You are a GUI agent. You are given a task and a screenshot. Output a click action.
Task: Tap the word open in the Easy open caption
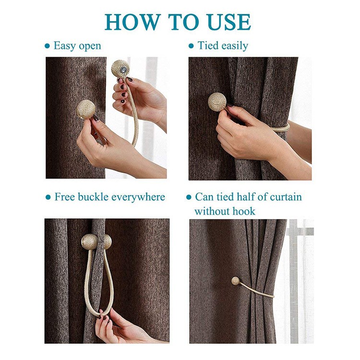point(88,47)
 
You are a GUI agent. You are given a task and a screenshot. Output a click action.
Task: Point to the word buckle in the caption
point(93,197)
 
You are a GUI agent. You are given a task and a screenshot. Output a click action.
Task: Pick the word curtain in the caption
point(286,197)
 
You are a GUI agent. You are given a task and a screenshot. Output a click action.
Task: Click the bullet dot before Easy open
point(48,47)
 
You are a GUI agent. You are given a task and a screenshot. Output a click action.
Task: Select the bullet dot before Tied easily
point(191,46)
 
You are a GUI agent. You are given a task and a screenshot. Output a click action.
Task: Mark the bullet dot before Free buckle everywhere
point(48,197)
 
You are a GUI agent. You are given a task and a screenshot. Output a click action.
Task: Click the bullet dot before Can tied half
point(189,197)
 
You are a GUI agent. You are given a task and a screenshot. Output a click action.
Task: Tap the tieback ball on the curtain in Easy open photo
point(85,109)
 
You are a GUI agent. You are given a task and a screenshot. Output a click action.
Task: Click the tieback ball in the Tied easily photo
point(217,102)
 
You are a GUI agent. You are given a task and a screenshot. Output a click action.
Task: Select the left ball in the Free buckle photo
point(90,242)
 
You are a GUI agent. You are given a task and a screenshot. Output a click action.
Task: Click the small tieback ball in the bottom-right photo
point(235,281)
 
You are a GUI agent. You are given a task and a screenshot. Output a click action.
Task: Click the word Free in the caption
point(65,197)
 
